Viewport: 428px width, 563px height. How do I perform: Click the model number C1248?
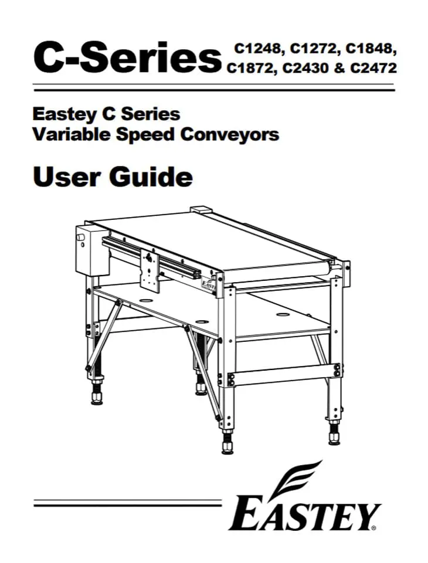click(x=257, y=49)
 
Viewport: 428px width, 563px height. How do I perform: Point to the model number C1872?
click(x=252, y=68)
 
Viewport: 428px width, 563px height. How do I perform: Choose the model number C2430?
click(x=306, y=68)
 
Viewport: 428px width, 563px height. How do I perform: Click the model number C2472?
click(x=373, y=68)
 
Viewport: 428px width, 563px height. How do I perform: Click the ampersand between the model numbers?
click(x=339, y=67)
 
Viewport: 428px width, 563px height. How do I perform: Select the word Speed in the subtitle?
click(x=147, y=135)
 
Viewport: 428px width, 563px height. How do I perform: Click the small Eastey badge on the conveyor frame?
click(x=208, y=285)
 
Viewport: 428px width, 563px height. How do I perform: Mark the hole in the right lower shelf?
click(x=282, y=314)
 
